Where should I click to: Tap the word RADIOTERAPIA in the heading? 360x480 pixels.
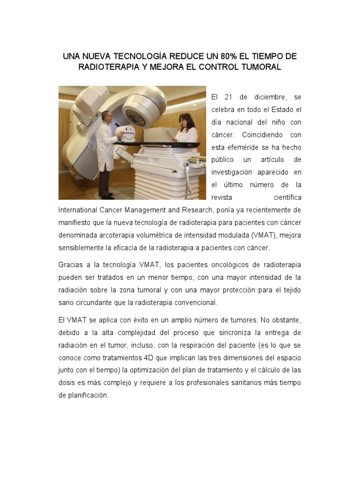106,67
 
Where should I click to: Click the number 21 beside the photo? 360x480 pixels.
229,97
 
